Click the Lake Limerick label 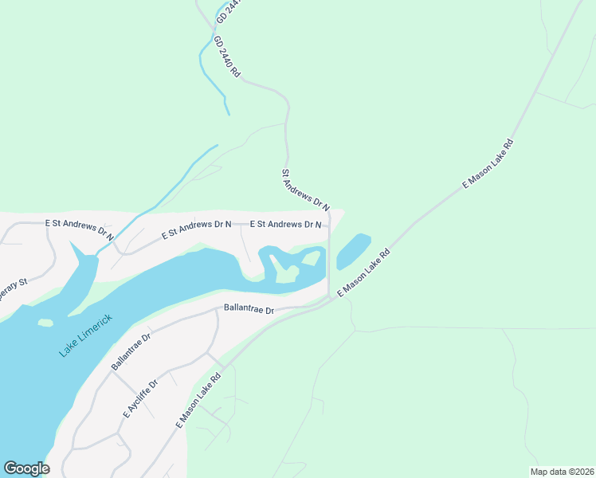(x=85, y=335)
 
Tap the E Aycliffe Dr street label (x=141, y=399)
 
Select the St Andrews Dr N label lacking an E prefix (x=305, y=189)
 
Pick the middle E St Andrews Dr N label (x=196, y=229)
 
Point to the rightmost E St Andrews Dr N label (x=285, y=225)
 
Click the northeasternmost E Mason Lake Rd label (x=489, y=163)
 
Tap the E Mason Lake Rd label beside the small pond (x=363, y=273)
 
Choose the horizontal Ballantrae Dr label (x=249, y=308)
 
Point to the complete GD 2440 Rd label (x=226, y=56)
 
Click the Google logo (x=26, y=468)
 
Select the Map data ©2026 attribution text (x=562, y=472)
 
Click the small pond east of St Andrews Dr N (x=354, y=251)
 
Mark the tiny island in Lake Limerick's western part (x=45, y=323)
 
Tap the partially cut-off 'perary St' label (x=13, y=284)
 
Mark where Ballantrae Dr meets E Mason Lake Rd (x=327, y=300)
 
